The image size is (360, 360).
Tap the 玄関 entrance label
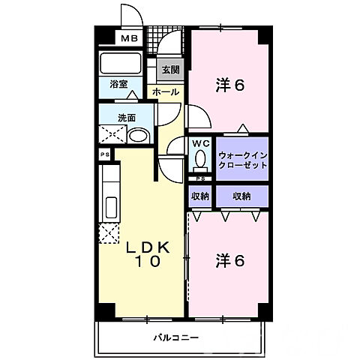pyautogui.click(x=170, y=70)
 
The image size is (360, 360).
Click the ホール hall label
pyautogui.click(x=165, y=91)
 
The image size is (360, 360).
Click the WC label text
pyautogui.click(x=199, y=142)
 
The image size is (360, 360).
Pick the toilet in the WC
pyautogui.click(x=200, y=159)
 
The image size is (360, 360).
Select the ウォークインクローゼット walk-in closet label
pyautogui.click(x=242, y=160)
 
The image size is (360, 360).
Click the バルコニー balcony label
pyautogui.click(x=177, y=337)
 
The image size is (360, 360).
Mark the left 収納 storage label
pyautogui.click(x=199, y=196)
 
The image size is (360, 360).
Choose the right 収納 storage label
pyautogui.click(x=241, y=196)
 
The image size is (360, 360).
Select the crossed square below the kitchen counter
pyautogui.click(x=109, y=233)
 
